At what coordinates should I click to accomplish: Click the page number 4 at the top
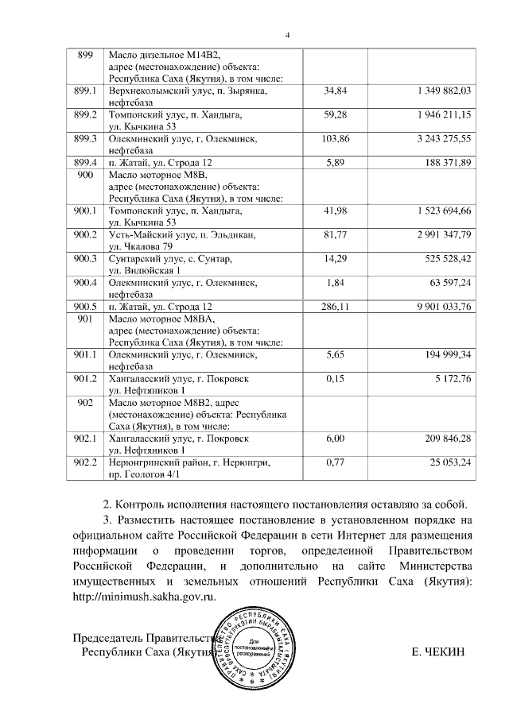(x=288, y=34)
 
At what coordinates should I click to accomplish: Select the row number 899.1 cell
(x=85, y=92)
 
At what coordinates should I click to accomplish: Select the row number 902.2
(x=85, y=462)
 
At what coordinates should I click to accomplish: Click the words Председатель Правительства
(x=143, y=638)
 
